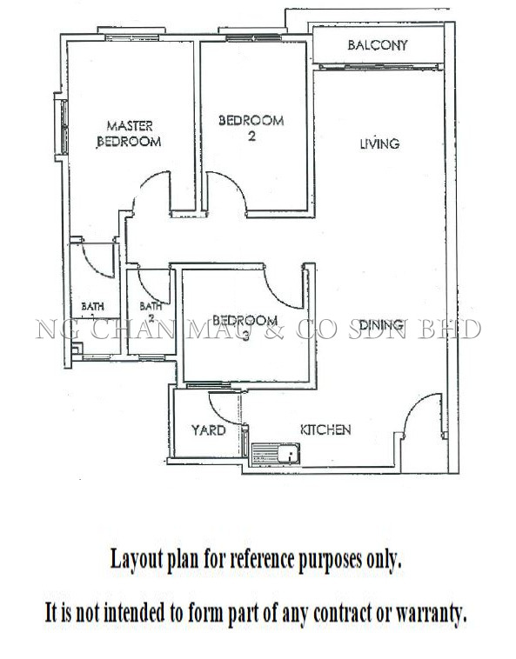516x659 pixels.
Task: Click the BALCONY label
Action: tap(378, 45)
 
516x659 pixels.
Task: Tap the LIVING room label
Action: tap(379, 143)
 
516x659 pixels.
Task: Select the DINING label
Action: tap(381, 325)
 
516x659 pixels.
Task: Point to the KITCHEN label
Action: tap(325, 429)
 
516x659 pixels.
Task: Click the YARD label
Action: tap(209, 430)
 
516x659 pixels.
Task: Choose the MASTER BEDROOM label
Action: tap(129, 134)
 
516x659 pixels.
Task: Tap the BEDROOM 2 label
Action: tap(251, 128)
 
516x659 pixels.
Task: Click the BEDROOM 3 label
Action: tap(245, 327)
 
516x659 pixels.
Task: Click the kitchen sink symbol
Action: tap(276, 455)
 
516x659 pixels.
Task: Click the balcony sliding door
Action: tap(379, 66)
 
